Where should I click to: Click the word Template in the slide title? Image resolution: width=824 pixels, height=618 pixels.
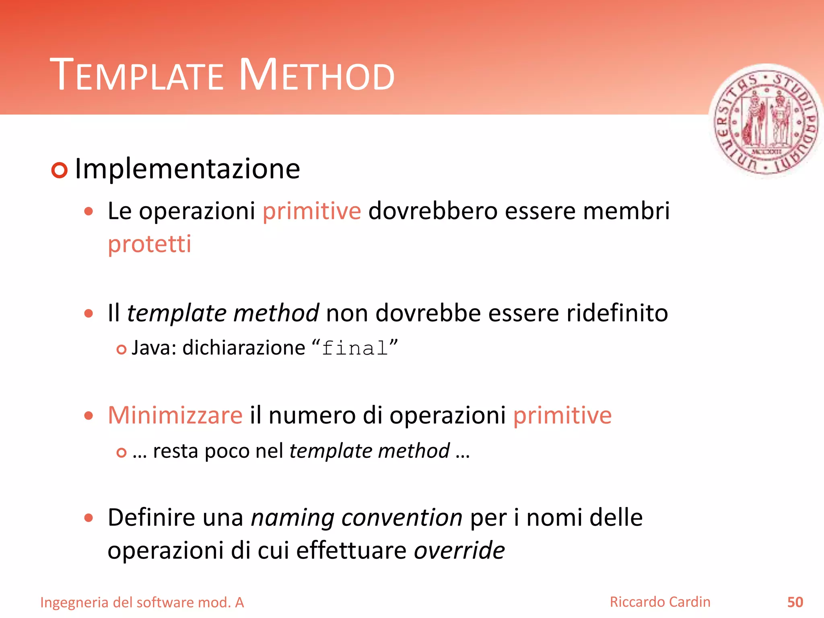[x=136, y=75]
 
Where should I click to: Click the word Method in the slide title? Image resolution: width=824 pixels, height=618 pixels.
[x=317, y=75]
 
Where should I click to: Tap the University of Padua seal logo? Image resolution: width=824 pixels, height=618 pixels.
[x=766, y=121]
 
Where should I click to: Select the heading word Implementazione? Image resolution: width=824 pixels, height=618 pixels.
[x=187, y=169]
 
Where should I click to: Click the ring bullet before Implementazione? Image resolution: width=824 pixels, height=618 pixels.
[x=60, y=170]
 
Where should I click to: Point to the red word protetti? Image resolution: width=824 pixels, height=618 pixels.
[x=149, y=244]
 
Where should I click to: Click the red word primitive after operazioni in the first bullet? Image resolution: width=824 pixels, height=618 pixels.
[x=312, y=211]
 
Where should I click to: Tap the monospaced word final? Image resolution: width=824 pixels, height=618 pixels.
[x=355, y=348]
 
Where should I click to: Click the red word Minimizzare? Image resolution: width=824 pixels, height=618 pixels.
[x=175, y=415]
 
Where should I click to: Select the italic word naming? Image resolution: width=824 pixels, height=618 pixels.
[x=293, y=517]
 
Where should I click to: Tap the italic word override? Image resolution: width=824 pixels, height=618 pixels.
[x=459, y=550]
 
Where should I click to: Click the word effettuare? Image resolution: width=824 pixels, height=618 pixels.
[x=351, y=550]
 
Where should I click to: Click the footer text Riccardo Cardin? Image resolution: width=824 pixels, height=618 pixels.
[x=660, y=602]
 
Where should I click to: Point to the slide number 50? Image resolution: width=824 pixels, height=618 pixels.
[x=795, y=602]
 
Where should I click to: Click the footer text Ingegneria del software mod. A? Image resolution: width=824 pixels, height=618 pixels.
[x=142, y=603]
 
